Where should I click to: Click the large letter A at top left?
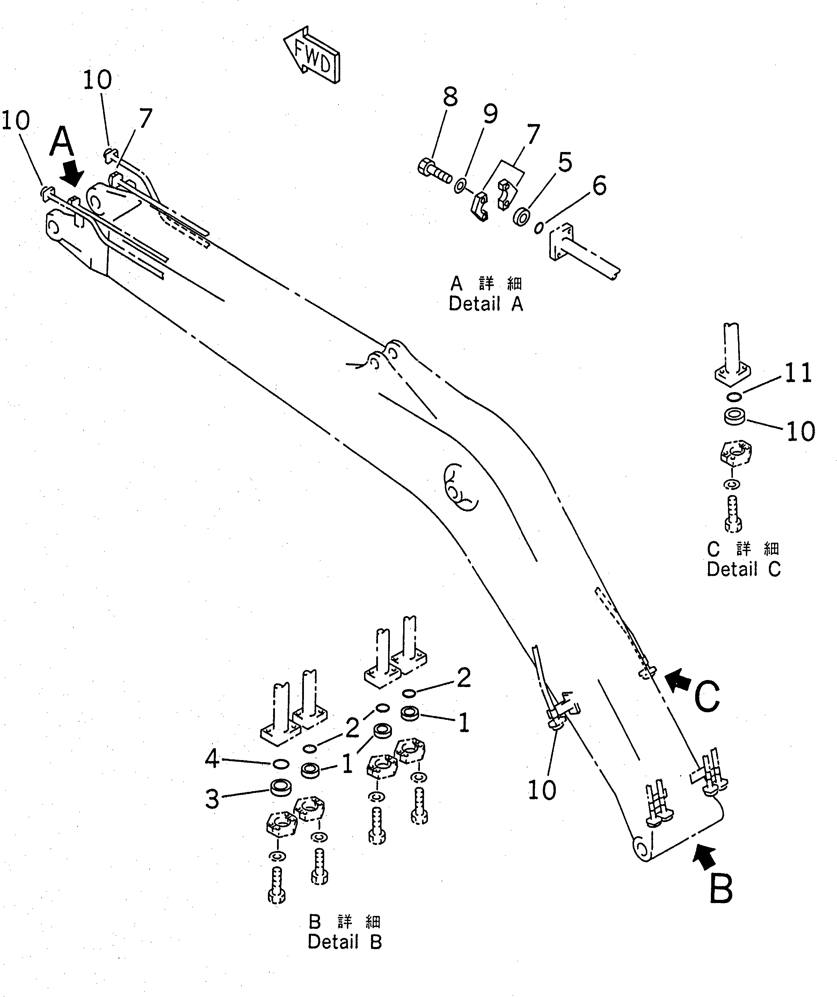[62, 142]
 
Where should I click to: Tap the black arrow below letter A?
[73, 173]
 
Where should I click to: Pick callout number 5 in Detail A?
[565, 162]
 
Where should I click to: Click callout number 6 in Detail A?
[599, 185]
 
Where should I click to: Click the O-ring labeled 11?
[734, 396]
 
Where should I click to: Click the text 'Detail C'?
[743, 569]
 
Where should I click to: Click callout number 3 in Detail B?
[212, 800]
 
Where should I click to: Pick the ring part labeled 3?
[281, 788]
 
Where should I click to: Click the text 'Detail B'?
[344, 941]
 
